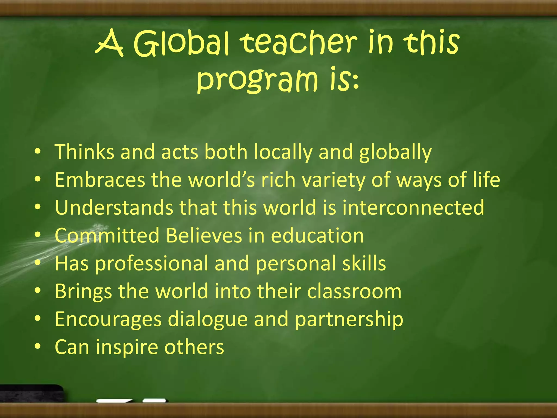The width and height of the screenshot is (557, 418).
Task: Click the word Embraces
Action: (x=100, y=180)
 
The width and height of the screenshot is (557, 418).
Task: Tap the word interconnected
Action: (x=413, y=208)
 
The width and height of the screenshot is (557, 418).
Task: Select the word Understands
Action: (x=114, y=208)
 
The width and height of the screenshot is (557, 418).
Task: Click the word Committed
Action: (x=107, y=235)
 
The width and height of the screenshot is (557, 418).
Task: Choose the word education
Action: (x=317, y=236)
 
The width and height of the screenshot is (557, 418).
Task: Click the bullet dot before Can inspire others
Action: (x=38, y=346)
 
